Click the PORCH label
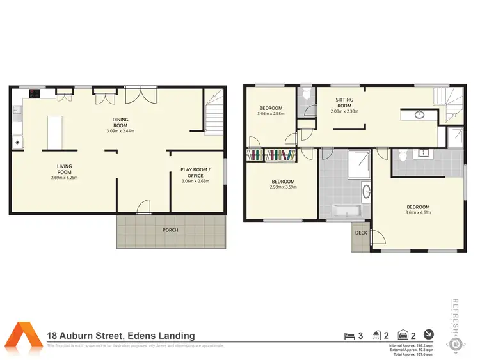[170, 230]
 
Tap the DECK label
[361, 233]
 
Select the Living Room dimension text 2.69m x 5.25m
[64, 178]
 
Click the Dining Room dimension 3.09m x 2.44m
[120, 131]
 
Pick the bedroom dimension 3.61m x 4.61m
[417, 213]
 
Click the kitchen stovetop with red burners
[34, 94]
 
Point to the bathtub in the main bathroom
[346, 210]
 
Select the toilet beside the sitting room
[306, 95]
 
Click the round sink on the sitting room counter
[419, 115]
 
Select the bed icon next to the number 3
[348, 334]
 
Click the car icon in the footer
[403, 334]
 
